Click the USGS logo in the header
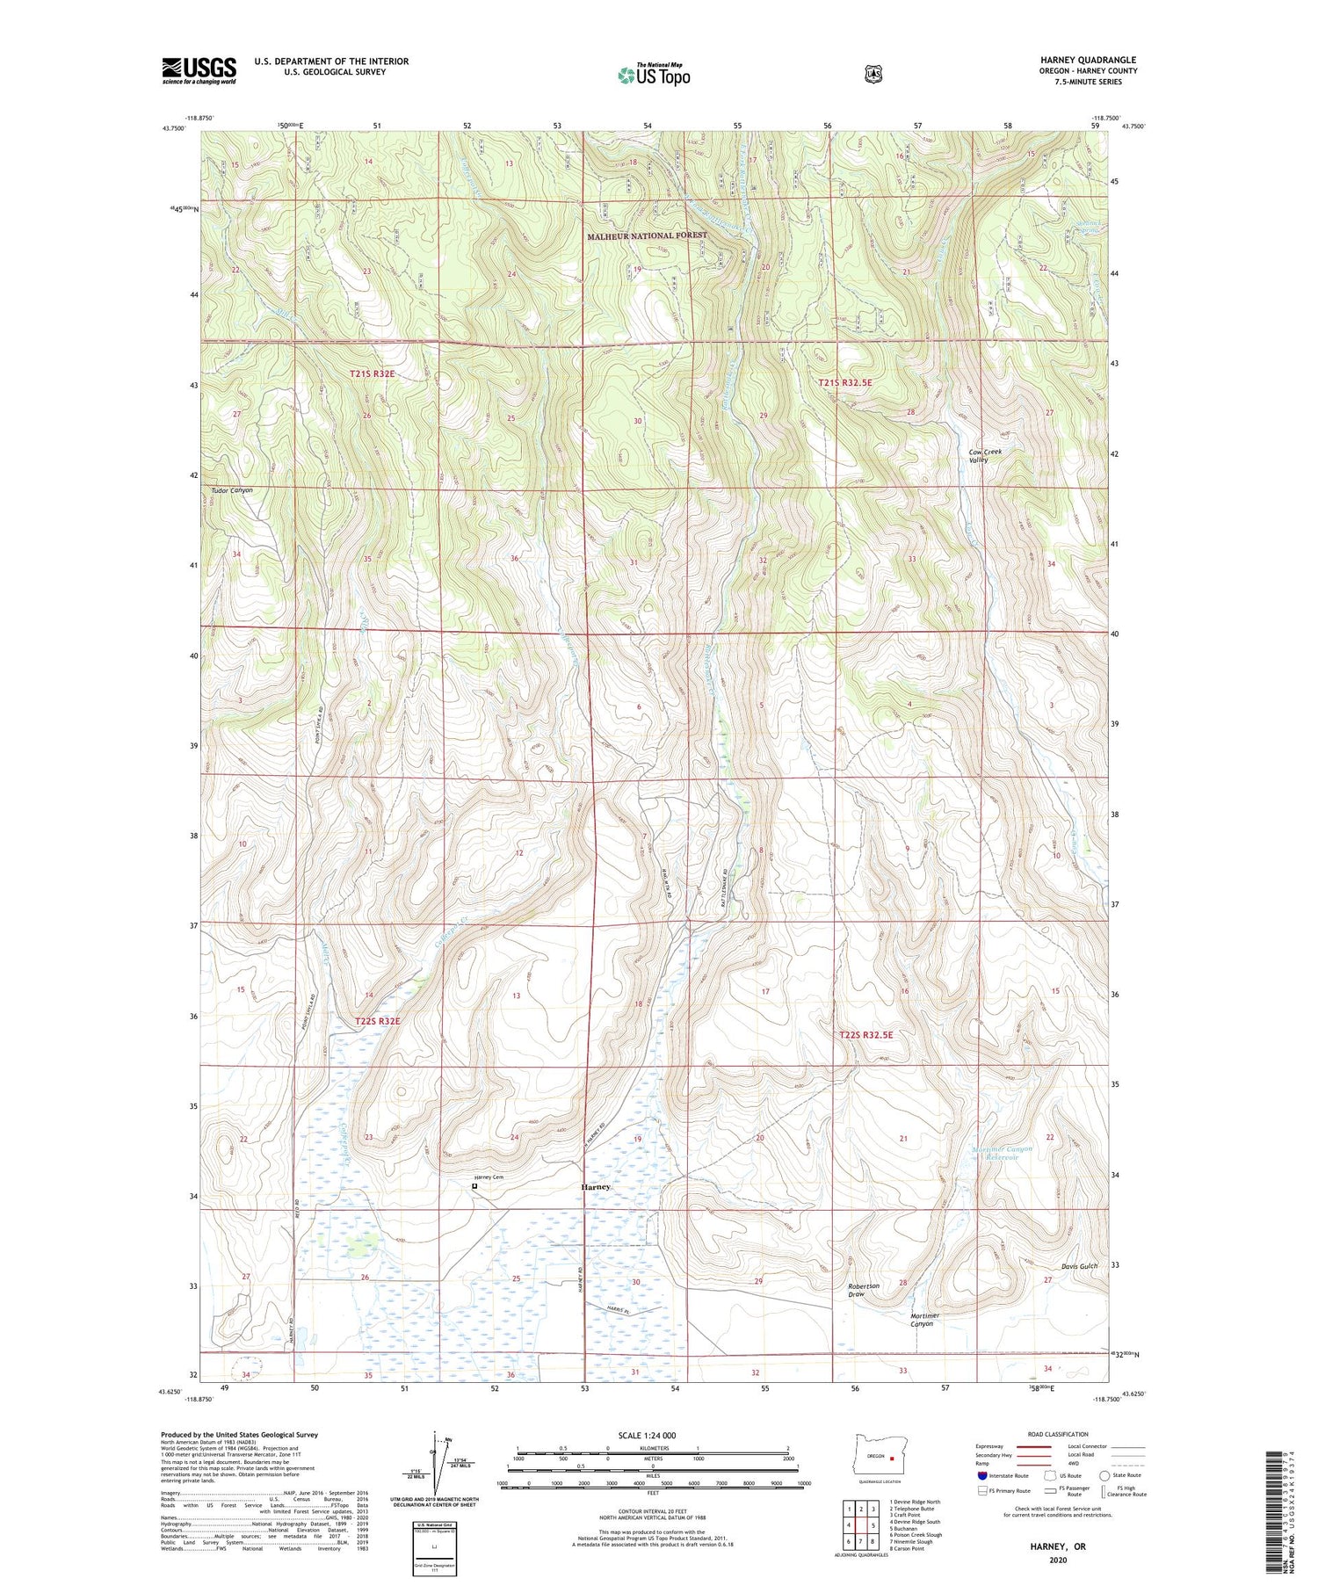[199, 70]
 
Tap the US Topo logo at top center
[654, 75]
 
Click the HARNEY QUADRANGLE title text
[1088, 60]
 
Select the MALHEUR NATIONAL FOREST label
[647, 235]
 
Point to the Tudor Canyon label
[232, 490]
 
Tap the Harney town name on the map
[595, 1187]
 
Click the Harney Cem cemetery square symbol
[474, 1186]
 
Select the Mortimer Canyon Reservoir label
[1002, 1153]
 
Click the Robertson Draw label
[863, 1290]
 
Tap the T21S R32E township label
[373, 373]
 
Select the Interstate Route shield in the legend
[981, 1475]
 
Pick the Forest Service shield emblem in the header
[873, 75]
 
